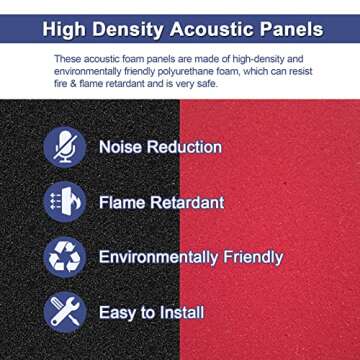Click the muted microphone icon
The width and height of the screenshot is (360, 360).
65,147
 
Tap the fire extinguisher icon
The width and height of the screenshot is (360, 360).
65,202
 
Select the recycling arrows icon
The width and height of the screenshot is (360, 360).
65,257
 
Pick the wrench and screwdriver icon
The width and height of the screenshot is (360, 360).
65,312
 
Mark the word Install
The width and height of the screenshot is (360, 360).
184,313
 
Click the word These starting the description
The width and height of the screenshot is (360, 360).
66,60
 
